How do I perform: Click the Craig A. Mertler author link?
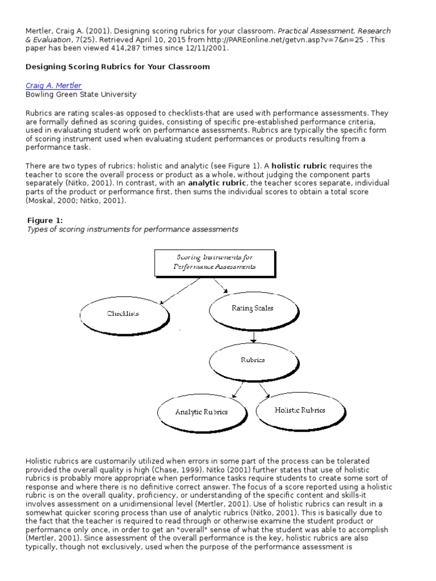[53, 85]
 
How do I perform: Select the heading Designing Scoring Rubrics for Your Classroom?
[118, 66]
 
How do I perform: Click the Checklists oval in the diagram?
[123, 313]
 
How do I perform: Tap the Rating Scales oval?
[252, 308]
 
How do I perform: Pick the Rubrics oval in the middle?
[252, 360]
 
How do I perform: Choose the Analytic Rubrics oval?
[201, 412]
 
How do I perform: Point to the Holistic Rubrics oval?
[300, 410]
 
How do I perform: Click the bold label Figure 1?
[45, 220]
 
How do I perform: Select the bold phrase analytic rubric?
[217, 183]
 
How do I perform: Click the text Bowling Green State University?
[81, 94]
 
